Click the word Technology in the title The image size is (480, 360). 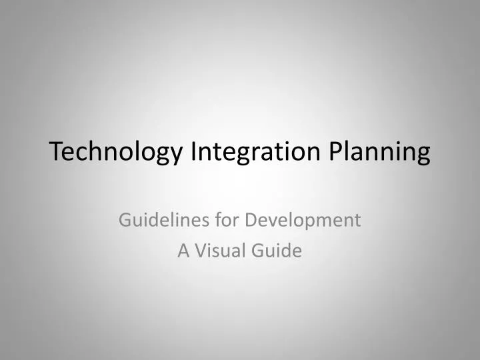tap(117, 152)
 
